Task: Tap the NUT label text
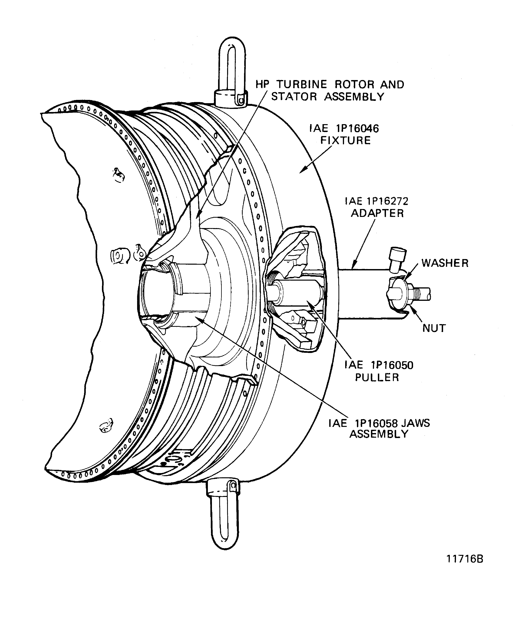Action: (434, 328)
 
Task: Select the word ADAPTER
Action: (377, 213)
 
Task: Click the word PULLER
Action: (377, 377)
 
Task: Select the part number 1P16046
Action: (357, 129)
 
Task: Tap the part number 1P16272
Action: (387, 201)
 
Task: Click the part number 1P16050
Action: (392, 365)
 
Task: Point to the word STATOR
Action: (294, 97)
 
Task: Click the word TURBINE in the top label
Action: (302, 85)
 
